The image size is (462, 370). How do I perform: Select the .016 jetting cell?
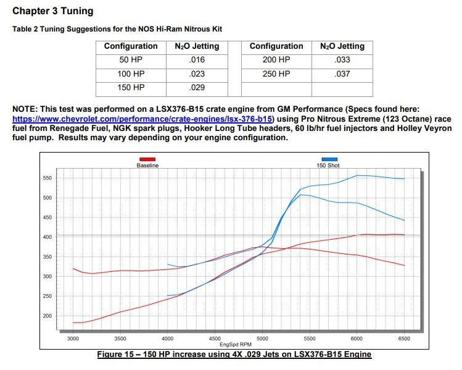[198, 60]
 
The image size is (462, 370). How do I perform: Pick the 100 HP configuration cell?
[131, 74]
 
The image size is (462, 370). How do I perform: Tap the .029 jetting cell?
[198, 88]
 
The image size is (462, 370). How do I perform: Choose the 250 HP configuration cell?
[276, 74]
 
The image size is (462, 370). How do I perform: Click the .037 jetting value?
[342, 74]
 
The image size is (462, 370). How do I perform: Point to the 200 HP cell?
[276, 60]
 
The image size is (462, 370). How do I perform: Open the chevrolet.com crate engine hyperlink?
[142, 118]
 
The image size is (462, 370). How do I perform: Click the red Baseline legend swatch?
[147, 159]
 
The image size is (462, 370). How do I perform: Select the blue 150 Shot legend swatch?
[329, 159]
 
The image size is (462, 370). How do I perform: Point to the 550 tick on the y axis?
[47, 178]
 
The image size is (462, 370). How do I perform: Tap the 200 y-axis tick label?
[47, 316]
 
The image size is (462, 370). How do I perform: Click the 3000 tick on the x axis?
[73, 338]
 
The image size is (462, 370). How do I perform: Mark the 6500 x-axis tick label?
[404, 338]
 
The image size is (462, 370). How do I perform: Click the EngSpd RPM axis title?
[237, 344]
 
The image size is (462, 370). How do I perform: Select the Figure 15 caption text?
[234, 354]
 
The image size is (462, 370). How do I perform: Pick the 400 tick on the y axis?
[47, 237]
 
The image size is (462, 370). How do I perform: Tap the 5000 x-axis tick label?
[262, 338]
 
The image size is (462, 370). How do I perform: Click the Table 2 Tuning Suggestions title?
[117, 29]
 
